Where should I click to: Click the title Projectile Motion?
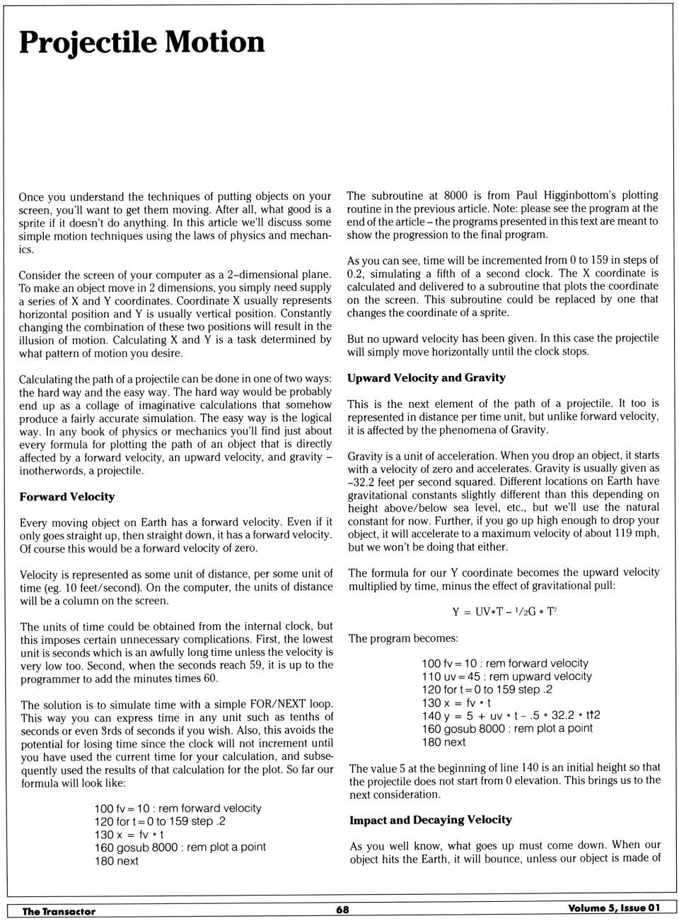[141, 42]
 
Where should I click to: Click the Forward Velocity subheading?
[67, 497]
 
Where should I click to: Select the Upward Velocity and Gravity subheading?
[426, 377]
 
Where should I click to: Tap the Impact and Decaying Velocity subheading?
[430, 820]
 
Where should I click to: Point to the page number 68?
[342, 910]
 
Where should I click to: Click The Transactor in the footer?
[59, 911]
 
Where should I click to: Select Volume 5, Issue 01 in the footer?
[613, 908]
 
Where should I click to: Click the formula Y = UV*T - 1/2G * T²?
[504, 611]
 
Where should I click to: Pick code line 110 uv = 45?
[506, 676]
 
